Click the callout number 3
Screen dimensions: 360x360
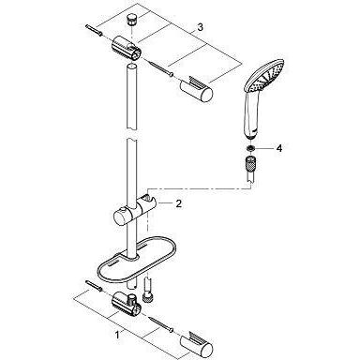pos(200,27)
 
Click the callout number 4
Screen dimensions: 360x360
pos(279,148)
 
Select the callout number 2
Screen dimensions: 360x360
pos(178,203)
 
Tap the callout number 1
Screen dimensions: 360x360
pos(117,336)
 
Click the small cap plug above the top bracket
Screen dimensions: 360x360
pos(130,22)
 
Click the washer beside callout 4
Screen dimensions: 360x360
pos(249,148)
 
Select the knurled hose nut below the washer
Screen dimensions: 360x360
pos(249,164)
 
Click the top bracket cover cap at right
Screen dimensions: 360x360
pos(197,89)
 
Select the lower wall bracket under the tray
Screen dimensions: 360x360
pos(127,304)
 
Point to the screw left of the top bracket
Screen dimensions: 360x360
pos(94,30)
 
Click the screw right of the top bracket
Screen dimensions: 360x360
pos(161,68)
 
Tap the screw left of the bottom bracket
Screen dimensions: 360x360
pos(94,286)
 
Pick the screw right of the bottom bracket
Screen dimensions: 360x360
pos(161,323)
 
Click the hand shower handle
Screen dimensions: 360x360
pos(250,115)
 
